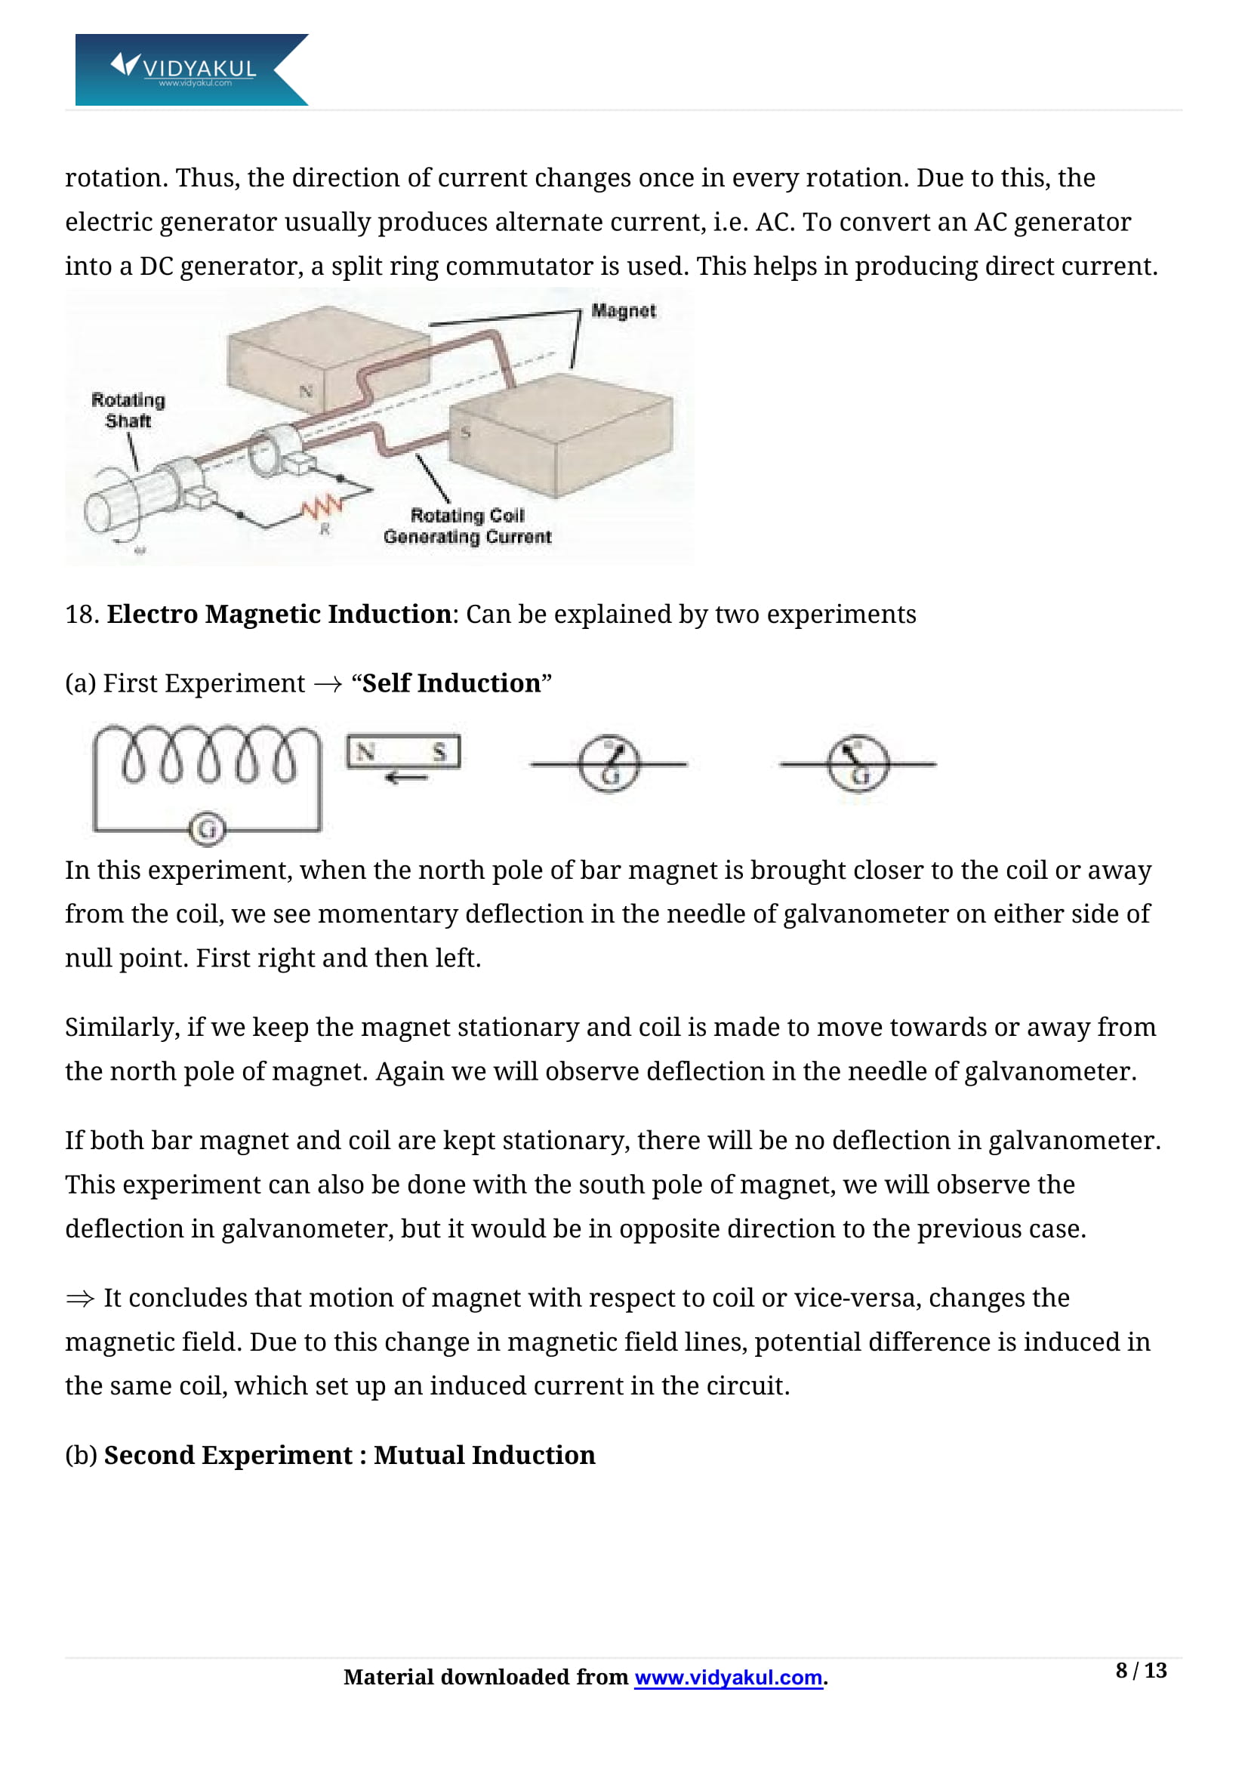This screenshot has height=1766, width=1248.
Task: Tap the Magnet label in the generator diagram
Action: (x=623, y=311)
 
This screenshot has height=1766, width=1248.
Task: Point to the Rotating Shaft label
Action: (x=128, y=410)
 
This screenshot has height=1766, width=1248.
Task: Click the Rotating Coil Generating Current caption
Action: (x=467, y=526)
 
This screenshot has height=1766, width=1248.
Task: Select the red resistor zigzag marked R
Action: (x=322, y=507)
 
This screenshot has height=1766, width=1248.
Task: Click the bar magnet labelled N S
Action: (x=403, y=752)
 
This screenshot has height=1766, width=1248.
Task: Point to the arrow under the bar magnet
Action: (x=406, y=778)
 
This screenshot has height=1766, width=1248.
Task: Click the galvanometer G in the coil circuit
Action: (x=207, y=829)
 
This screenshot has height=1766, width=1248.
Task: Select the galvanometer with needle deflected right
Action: (x=609, y=764)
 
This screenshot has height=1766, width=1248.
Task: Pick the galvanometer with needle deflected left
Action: (x=858, y=764)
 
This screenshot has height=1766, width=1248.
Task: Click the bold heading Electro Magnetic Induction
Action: (x=279, y=614)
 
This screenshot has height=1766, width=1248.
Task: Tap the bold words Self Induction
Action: (x=451, y=683)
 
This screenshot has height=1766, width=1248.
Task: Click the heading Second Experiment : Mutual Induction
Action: (x=349, y=1455)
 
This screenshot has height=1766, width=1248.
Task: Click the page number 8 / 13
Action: (x=1140, y=1671)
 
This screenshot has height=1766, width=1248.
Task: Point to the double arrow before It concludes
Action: (x=80, y=1299)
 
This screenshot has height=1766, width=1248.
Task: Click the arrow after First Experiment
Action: (x=328, y=684)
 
